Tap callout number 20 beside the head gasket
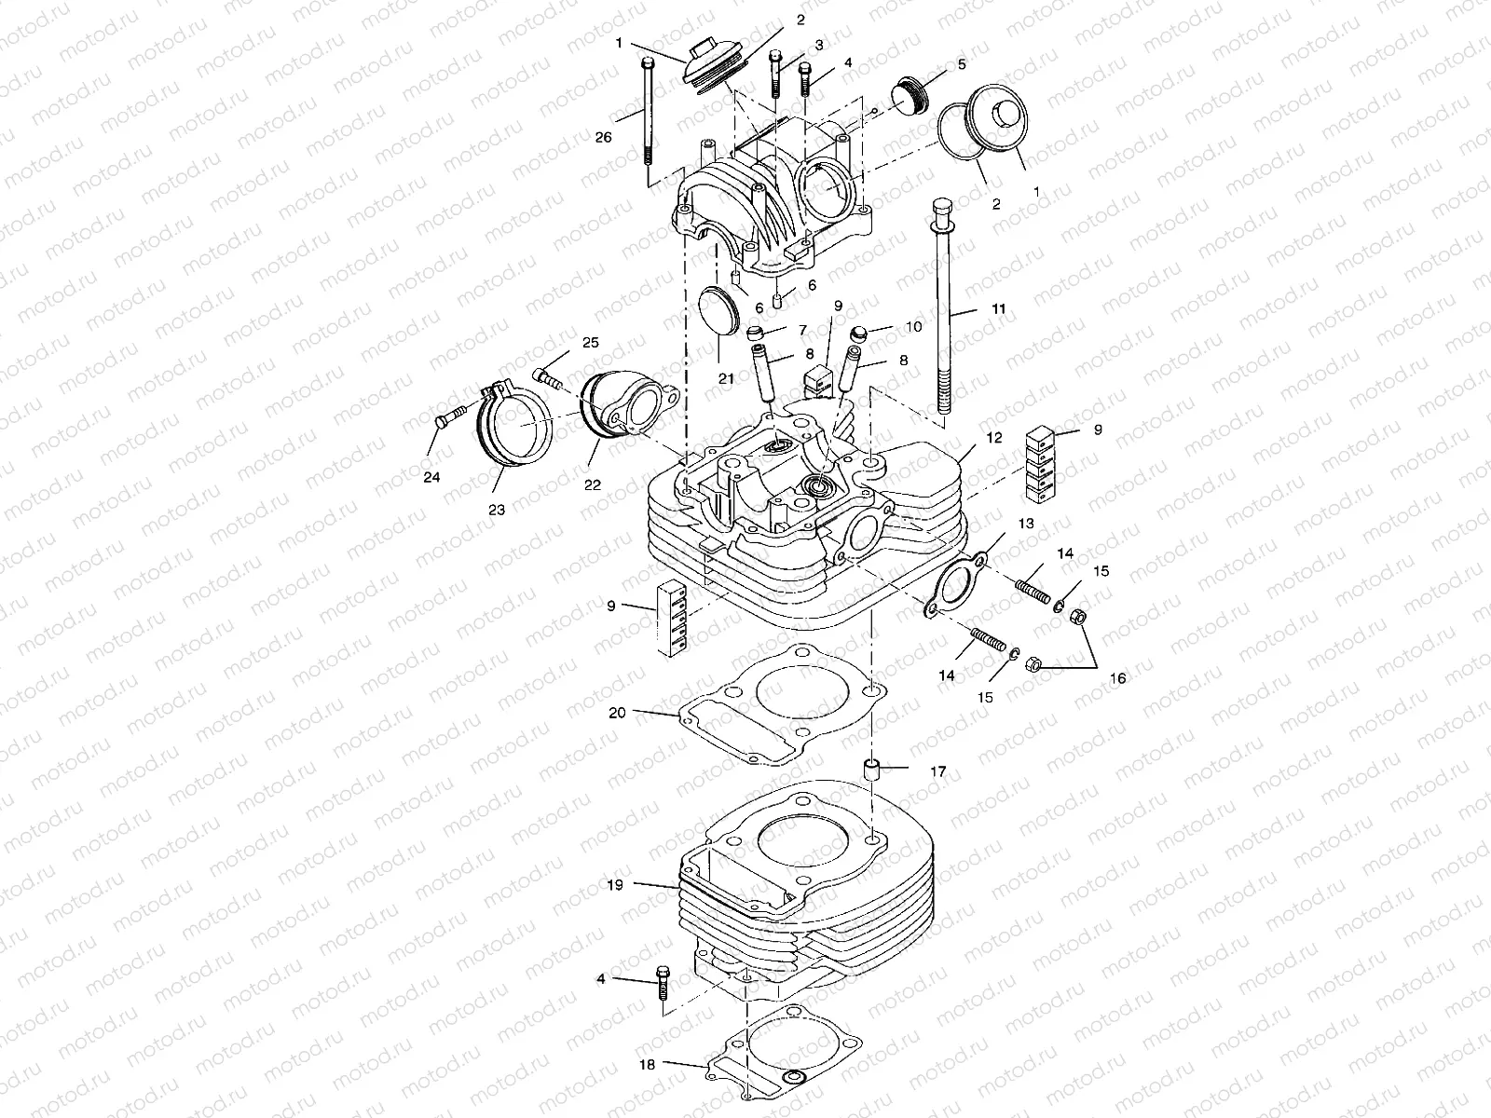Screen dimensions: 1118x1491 coord(617,713)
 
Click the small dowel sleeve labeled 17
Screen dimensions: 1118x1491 coord(874,772)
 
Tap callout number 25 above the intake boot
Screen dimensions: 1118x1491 coord(590,342)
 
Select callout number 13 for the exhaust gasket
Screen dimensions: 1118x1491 coord(1025,524)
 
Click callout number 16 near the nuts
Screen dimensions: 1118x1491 coord(1116,678)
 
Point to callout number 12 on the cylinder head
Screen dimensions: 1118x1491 coord(994,437)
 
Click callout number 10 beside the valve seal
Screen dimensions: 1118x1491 coord(912,327)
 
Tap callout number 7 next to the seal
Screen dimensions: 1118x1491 coord(800,331)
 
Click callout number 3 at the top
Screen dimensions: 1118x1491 coord(818,45)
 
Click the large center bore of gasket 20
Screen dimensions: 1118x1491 coord(785,691)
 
